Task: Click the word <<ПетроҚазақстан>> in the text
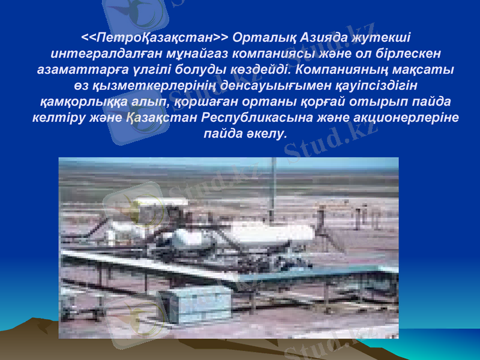[x=157, y=38]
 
